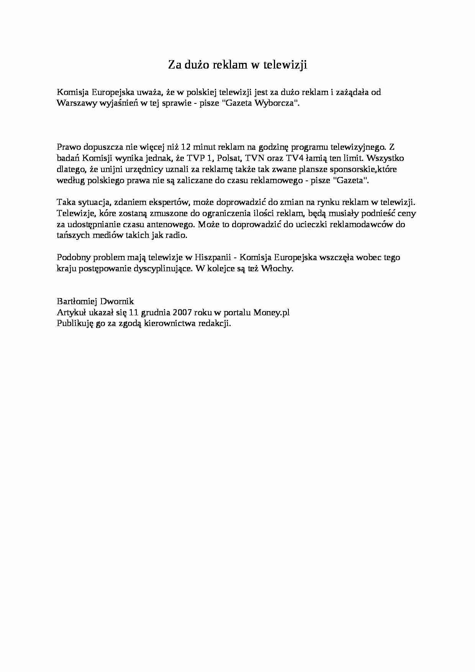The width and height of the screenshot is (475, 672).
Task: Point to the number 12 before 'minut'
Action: click(x=186, y=147)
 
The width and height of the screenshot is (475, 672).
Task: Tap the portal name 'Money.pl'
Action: click(x=271, y=313)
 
